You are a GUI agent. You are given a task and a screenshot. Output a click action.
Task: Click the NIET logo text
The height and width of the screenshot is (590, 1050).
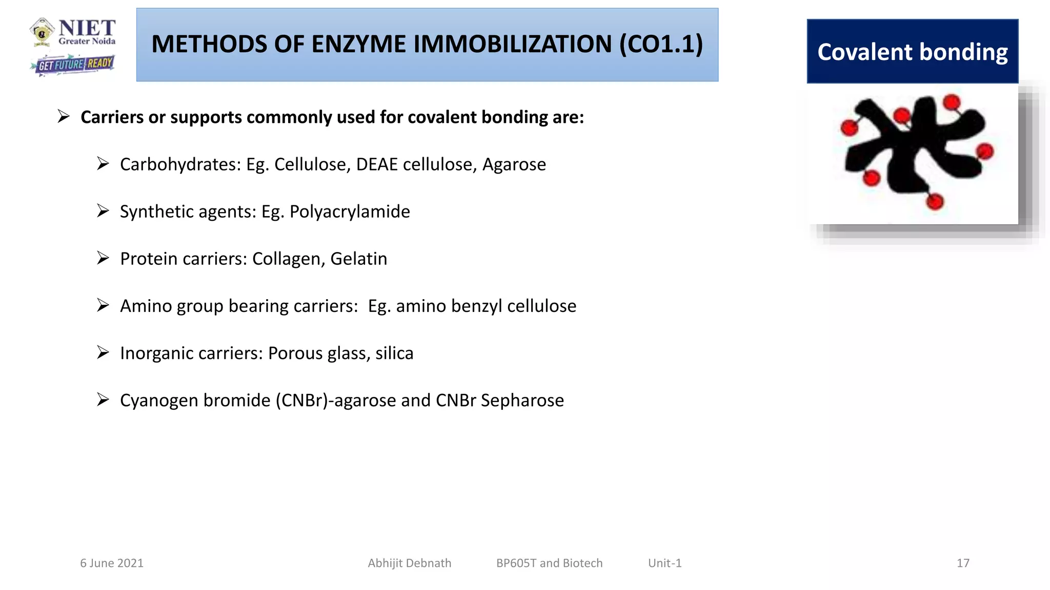click(x=87, y=29)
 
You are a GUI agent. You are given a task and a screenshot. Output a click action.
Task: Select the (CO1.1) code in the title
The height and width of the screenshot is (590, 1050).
click(x=661, y=45)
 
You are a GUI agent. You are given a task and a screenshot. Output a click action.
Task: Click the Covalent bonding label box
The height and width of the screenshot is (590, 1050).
click(x=912, y=52)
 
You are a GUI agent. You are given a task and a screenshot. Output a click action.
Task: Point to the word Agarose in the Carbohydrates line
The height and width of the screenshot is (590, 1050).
click(x=514, y=164)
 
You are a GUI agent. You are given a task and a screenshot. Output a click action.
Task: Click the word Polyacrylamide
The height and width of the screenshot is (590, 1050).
click(x=350, y=212)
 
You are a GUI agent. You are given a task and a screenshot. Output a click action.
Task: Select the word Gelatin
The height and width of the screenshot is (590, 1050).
click(x=358, y=259)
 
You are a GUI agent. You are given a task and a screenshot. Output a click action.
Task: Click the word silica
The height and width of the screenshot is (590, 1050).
click(x=394, y=353)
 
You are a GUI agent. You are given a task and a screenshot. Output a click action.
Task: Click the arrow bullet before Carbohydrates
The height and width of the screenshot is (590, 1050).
click(x=103, y=164)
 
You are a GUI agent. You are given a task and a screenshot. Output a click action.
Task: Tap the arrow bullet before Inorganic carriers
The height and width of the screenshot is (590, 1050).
click(x=103, y=353)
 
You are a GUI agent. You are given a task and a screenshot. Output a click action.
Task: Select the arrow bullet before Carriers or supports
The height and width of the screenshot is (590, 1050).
click(x=64, y=117)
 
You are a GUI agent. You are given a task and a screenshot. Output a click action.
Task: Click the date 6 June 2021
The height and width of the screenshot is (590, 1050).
click(x=112, y=563)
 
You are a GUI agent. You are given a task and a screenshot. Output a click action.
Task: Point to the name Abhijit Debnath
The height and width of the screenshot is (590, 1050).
click(x=409, y=563)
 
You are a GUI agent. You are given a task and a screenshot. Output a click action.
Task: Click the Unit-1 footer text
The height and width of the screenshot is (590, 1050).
click(x=664, y=563)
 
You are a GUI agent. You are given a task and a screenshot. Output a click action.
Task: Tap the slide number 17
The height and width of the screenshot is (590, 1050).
click(x=963, y=563)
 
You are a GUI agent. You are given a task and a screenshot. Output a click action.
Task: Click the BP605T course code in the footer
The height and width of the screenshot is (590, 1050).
click(x=516, y=563)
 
